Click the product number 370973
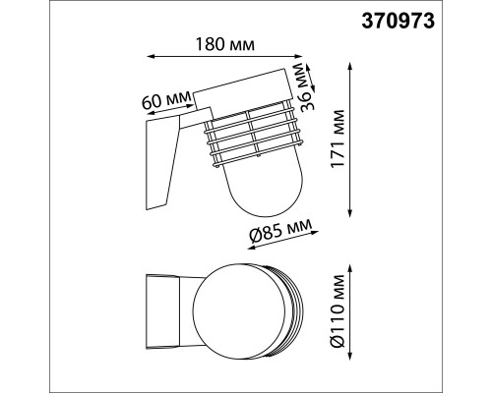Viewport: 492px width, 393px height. tap(399, 22)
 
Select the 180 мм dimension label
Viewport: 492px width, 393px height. tap(224, 44)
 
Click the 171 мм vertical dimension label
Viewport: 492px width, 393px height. tap(338, 139)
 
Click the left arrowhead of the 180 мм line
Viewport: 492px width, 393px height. tap(151, 57)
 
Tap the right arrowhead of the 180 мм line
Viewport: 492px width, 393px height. tap(297, 56)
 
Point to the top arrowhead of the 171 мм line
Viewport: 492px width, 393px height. tap(350, 66)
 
